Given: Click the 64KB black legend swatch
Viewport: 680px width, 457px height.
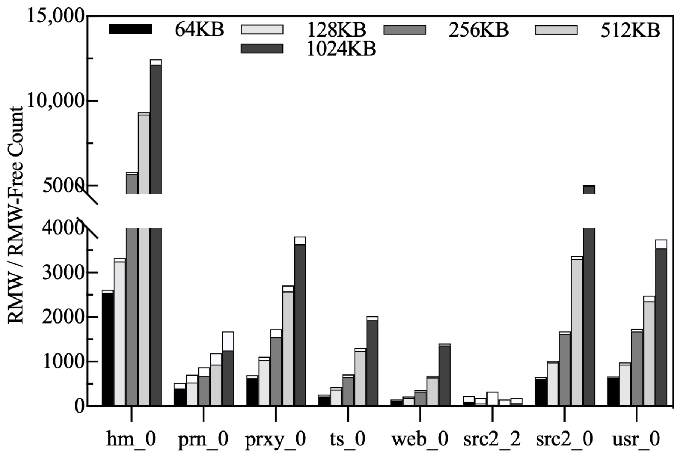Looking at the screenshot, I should click(130, 29).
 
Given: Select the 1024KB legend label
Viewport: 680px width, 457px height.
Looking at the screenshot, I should click(341, 49).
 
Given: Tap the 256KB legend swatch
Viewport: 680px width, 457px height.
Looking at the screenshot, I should click(405, 30).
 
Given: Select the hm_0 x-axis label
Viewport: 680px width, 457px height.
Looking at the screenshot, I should click(131, 439).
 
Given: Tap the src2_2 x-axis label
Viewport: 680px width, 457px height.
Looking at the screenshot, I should click(492, 439).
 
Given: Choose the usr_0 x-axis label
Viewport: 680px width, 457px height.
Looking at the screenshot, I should click(636, 439).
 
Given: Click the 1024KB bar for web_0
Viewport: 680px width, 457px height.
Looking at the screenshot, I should click(444, 375).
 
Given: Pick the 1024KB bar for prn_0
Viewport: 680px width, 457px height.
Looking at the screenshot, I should click(228, 377).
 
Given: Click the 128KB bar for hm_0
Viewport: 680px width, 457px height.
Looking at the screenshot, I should click(120, 333).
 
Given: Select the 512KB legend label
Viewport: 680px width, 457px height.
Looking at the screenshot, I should click(630, 30).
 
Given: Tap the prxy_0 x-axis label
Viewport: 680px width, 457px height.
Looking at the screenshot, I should click(276, 439).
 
